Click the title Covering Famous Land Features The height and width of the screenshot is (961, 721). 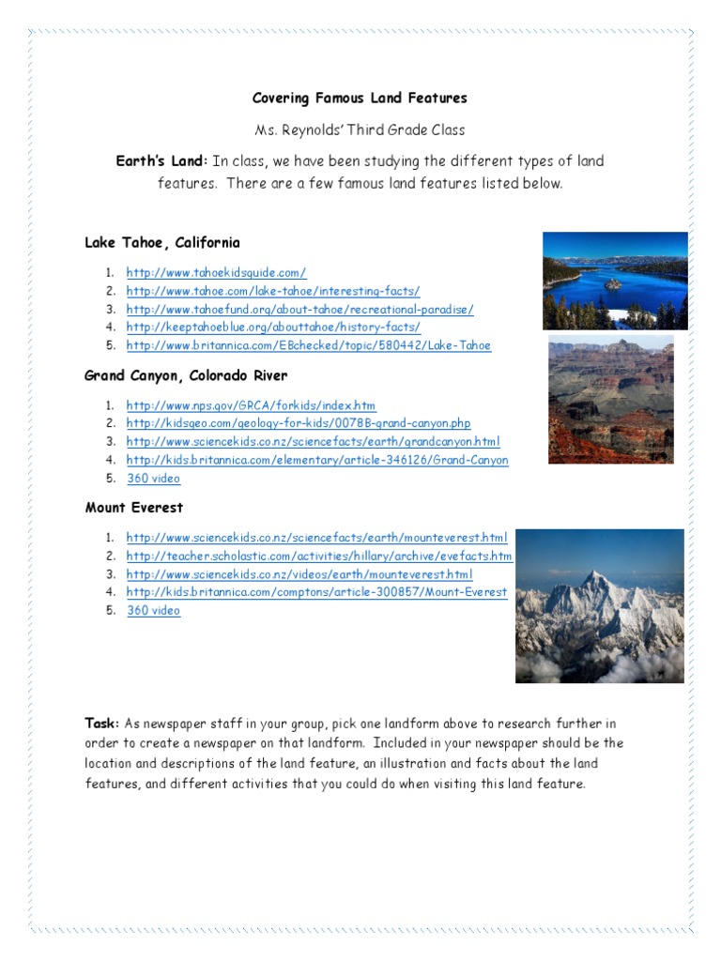point(360,99)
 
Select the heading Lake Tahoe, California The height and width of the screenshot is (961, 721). point(162,243)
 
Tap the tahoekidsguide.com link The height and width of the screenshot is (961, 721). point(216,272)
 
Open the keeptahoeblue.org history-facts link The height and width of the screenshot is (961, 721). point(273,327)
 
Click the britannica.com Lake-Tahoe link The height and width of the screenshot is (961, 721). point(308,345)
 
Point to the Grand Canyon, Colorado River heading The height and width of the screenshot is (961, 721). point(186,376)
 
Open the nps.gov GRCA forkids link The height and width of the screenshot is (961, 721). point(251,405)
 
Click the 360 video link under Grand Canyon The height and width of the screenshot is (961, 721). point(153,479)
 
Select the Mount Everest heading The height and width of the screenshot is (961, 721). point(134,508)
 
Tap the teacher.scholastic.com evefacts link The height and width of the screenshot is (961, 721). point(319,556)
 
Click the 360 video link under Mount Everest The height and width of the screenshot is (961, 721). point(153,611)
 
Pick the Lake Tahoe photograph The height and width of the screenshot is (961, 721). point(615,281)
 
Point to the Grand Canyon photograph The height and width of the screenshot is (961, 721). point(610,400)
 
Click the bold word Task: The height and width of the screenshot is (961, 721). point(101,725)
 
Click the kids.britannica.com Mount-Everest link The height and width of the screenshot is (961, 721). point(316,592)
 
